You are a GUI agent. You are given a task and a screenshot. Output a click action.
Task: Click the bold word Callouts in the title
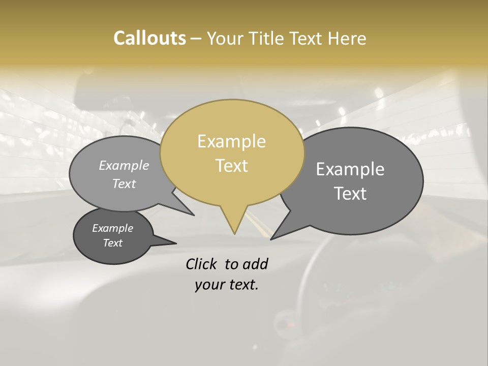tap(149, 38)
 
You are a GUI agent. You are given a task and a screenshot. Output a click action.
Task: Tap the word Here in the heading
tap(348, 38)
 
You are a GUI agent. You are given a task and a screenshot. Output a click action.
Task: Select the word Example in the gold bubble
tap(231, 141)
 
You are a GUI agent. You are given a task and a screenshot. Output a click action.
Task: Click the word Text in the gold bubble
tap(231, 166)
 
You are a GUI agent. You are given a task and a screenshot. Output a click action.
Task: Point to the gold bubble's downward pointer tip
tap(234, 233)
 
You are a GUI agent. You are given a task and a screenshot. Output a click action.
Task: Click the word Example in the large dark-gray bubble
tap(350, 169)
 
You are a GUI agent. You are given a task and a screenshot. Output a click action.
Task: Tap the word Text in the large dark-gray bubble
tap(350, 194)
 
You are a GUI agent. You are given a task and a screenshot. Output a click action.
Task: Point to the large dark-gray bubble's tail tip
tap(271, 239)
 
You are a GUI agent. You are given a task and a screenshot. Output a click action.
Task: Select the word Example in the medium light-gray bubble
tap(124, 165)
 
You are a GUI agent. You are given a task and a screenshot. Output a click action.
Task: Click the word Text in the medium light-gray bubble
tap(124, 184)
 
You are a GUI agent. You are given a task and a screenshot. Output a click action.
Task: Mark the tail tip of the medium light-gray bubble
tap(194, 215)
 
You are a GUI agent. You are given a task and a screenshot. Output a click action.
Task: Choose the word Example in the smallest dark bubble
tap(112, 228)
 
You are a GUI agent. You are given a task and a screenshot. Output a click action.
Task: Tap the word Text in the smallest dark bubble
tap(112, 243)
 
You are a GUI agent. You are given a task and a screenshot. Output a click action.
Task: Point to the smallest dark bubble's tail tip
tap(176, 243)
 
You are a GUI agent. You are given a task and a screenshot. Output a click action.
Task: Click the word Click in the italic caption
tap(201, 264)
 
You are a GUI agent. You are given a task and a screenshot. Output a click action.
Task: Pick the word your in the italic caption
tap(209, 285)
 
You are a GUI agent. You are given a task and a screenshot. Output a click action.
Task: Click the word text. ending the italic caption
tap(242, 285)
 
